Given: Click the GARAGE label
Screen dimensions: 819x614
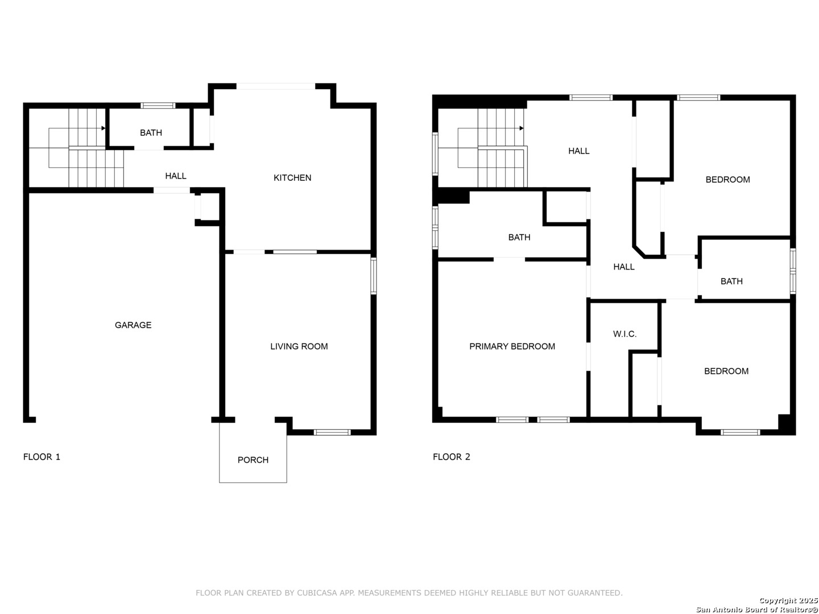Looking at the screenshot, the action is (133, 325).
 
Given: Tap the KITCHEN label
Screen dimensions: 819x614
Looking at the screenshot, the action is (292, 178).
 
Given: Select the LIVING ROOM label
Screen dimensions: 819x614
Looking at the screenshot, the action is (299, 346).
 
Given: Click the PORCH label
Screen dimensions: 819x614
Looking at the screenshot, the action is (253, 460).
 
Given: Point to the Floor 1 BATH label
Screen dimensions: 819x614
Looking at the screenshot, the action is (151, 132).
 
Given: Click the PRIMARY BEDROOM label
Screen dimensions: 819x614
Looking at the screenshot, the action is (512, 346).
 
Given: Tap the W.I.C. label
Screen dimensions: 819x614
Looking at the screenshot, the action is (624, 334).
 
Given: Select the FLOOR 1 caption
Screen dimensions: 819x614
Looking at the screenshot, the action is (42, 457).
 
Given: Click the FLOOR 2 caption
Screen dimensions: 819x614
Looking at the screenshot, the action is (451, 457).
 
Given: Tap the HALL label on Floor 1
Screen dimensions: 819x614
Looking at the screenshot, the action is (175, 176).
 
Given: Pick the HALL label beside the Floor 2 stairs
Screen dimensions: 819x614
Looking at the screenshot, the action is (578, 151).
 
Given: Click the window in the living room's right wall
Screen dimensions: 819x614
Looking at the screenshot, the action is (373, 276).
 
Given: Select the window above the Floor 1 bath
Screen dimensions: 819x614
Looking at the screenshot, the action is (158, 106).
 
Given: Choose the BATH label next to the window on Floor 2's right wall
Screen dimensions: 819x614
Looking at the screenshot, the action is (731, 281).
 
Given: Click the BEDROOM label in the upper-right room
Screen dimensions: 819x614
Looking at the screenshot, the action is (727, 180).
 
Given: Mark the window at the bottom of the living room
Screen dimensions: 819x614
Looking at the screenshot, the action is (332, 433).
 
